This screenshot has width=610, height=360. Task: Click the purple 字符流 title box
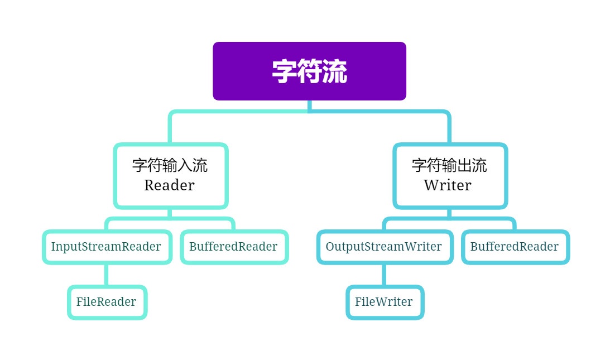point(309,71)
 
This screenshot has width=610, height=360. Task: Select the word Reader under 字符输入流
point(169,185)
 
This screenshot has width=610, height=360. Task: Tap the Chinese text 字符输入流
point(170,165)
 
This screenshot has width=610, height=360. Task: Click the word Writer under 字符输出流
point(448,185)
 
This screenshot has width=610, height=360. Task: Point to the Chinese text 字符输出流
point(449,165)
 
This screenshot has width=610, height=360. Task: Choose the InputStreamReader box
point(106,247)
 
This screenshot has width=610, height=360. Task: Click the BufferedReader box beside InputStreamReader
point(233,247)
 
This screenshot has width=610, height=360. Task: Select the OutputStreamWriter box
point(384,247)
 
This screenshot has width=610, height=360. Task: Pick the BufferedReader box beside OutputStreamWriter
point(515,247)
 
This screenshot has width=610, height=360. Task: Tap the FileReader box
point(106,302)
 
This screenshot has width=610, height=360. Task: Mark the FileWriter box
point(384,302)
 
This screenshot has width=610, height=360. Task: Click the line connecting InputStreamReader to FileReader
point(106,275)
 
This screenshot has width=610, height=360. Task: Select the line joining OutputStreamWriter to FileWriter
point(384,275)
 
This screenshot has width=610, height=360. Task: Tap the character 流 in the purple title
point(335,71)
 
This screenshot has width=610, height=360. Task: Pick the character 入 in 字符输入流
point(185,165)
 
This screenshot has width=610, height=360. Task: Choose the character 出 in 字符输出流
point(464,165)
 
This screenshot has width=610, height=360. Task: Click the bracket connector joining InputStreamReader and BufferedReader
point(170,219)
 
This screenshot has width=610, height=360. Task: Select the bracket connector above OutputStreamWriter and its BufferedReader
point(449,219)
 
